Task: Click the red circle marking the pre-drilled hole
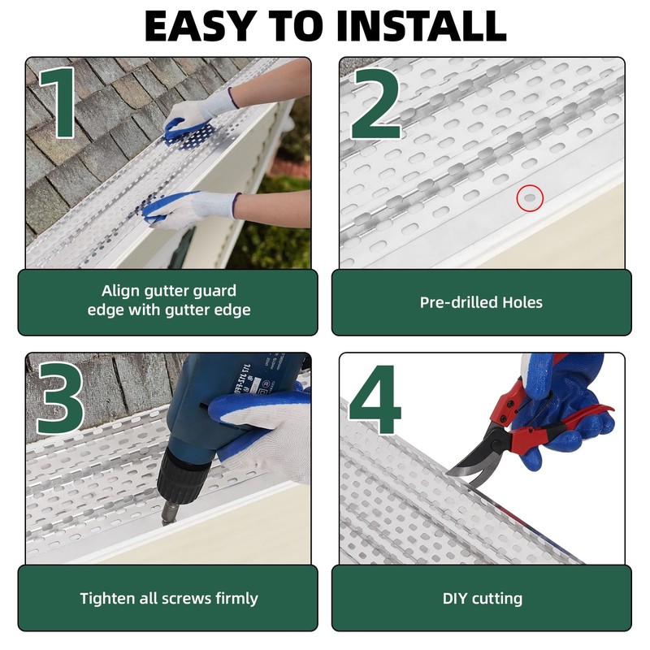529,197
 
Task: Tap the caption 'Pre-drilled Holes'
481,302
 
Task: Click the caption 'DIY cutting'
482,599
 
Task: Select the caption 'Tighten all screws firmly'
168,599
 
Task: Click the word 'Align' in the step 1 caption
119,290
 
